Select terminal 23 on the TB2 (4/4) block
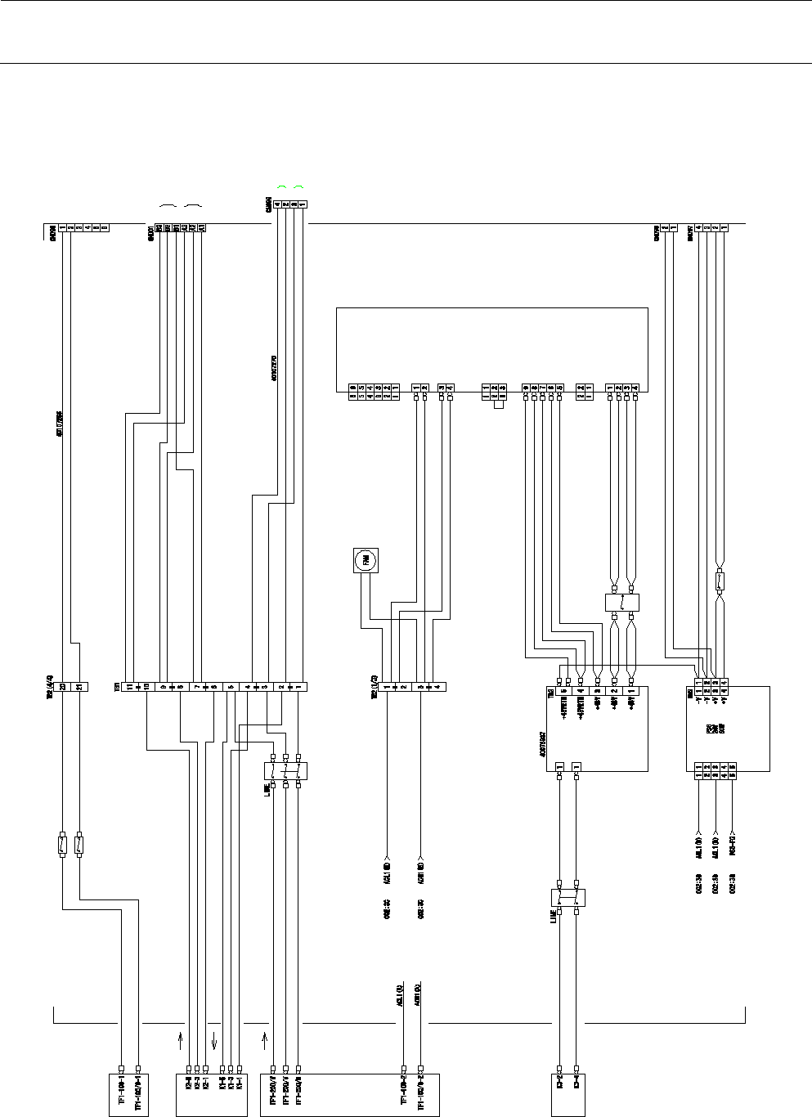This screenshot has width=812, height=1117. point(62,687)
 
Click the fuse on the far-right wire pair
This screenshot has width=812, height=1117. point(720,582)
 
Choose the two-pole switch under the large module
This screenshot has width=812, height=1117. point(621,603)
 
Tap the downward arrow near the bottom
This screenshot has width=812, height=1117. point(214,1041)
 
